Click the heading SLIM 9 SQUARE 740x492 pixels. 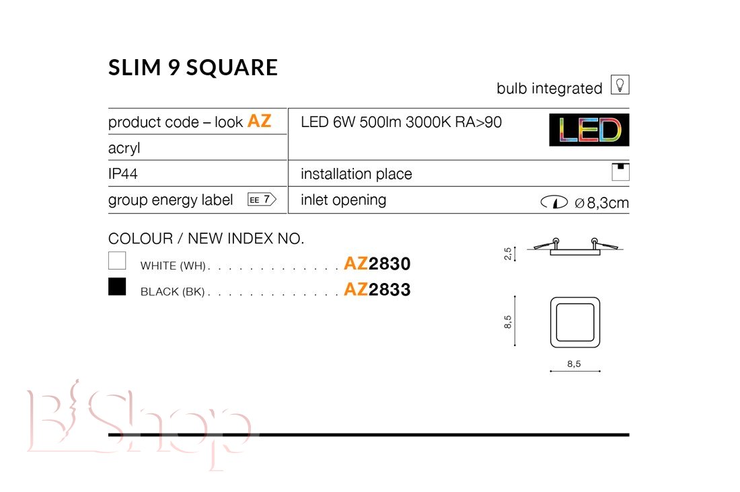click(x=193, y=67)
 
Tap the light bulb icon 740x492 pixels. click(x=620, y=85)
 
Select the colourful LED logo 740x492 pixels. click(x=589, y=130)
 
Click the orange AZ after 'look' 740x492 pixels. click(x=260, y=121)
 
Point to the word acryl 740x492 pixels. click(x=124, y=148)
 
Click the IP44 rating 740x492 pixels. click(x=122, y=174)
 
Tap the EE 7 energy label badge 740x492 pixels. click(x=262, y=200)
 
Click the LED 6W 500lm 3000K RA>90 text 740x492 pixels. click(x=401, y=122)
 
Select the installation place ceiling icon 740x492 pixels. click(x=621, y=171)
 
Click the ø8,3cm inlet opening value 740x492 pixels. click(x=601, y=203)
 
